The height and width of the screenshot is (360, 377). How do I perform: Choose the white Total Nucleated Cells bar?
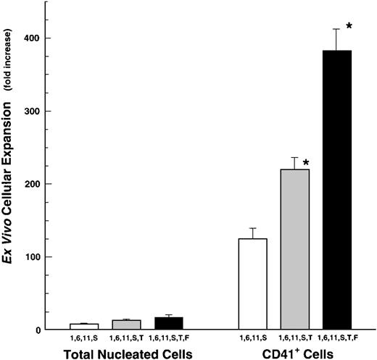pyautogui.click(x=84, y=327)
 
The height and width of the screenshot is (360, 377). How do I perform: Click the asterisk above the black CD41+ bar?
pyautogui.click(x=349, y=26)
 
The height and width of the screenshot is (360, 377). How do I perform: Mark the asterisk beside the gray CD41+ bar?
pyautogui.click(x=307, y=164)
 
